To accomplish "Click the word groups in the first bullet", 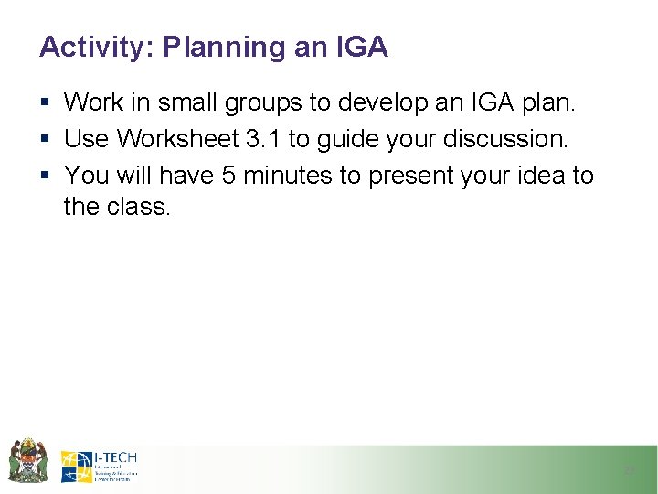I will (x=271, y=103).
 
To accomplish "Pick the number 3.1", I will (x=263, y=139).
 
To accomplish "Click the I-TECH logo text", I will (x=115, y=456).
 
